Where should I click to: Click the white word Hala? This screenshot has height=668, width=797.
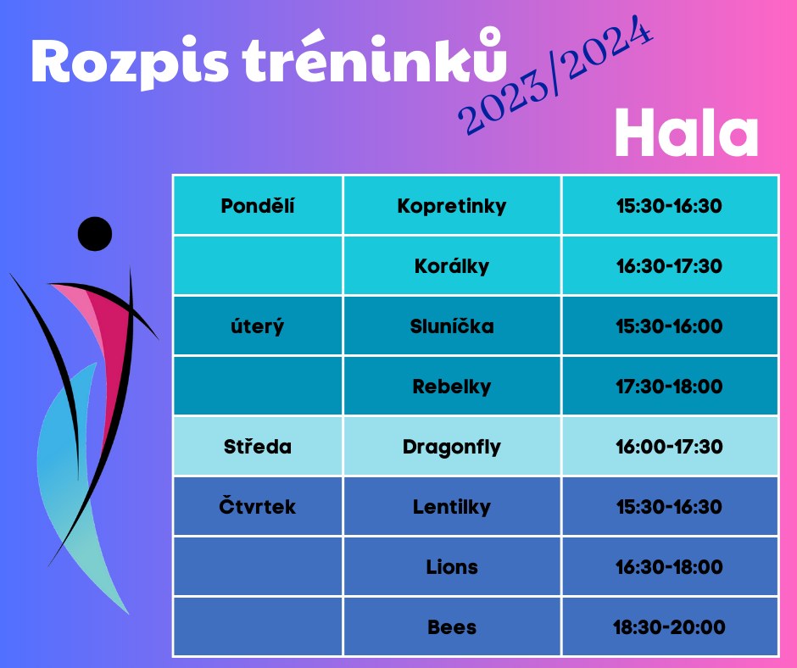pos(687,133)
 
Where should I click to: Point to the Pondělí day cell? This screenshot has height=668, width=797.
pos(258,205)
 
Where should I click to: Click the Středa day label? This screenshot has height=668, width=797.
pos(258,447)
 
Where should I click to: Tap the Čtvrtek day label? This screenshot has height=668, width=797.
pos(258,506)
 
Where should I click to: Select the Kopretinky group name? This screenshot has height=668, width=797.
pos(452,206)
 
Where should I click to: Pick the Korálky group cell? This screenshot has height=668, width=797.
pos(452,266)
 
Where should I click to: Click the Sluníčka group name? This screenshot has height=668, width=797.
pos(452,326)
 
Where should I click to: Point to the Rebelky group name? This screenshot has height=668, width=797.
pos(452,387)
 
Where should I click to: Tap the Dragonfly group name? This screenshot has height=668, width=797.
pos(452,447)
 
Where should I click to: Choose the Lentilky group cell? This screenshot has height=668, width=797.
pos(452,507)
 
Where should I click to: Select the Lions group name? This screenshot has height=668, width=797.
pos(452,567)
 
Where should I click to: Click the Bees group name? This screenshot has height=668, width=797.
pos(452,627)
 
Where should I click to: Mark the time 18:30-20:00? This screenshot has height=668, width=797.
pos(670,627)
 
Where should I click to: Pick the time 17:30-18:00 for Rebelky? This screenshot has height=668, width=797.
pos(670,387)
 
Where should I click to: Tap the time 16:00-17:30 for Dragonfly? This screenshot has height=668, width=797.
pos(670,447)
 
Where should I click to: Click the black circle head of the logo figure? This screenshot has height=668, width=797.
pos(95,234)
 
